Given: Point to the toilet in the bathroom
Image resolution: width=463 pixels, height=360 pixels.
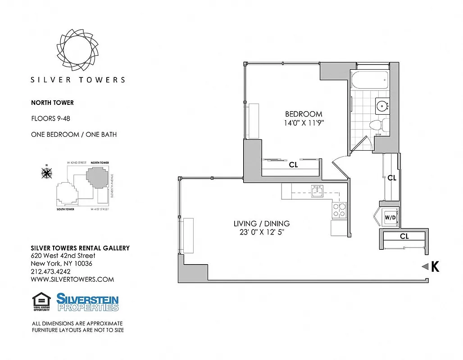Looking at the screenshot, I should [x=375, y=126].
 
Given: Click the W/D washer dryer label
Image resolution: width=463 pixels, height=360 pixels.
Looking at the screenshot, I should [x=390, y=218].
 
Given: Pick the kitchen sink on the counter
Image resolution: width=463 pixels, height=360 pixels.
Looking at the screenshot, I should [x=317, y=192].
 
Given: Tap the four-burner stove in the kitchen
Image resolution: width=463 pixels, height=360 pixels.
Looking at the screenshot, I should [x=339, y=210].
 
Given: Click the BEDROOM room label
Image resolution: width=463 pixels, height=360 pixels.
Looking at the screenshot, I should [x=303, y=114].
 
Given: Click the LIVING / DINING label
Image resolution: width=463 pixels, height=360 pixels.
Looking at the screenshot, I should [x=261, y=224].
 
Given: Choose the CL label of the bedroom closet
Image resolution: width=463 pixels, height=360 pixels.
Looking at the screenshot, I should [x=293, y=165].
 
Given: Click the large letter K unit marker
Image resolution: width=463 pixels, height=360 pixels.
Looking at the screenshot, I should [x=435, y=267].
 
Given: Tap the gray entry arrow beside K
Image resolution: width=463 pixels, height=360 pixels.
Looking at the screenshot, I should [x=424, y=267].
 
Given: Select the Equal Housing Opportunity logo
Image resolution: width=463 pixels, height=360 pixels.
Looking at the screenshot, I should [x=41, y=302].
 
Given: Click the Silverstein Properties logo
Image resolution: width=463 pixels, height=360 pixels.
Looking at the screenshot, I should [x=87, y=302].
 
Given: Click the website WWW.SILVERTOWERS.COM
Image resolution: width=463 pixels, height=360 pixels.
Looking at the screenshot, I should [x=72, y=279].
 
